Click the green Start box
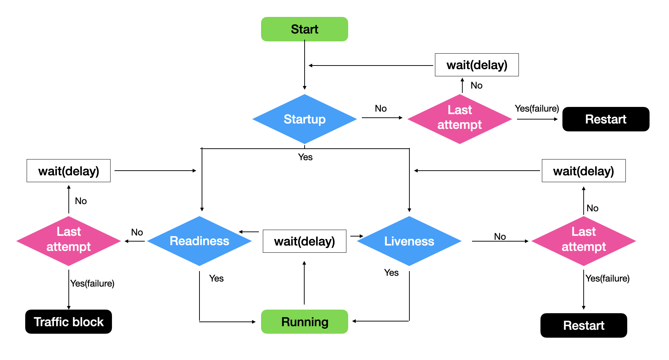304,29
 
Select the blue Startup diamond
304,119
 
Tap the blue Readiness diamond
199,241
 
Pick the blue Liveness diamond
409,241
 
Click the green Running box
304,321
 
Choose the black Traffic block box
68,321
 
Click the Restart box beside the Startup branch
606,119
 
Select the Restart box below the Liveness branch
583,325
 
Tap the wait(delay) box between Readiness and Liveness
304,241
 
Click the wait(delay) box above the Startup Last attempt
477,65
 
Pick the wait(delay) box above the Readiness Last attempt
68,171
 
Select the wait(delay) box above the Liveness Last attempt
583,171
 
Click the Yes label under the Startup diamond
305,157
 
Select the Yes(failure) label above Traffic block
92,283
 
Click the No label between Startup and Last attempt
381,108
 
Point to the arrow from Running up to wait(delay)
304,283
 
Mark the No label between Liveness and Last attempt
500,237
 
